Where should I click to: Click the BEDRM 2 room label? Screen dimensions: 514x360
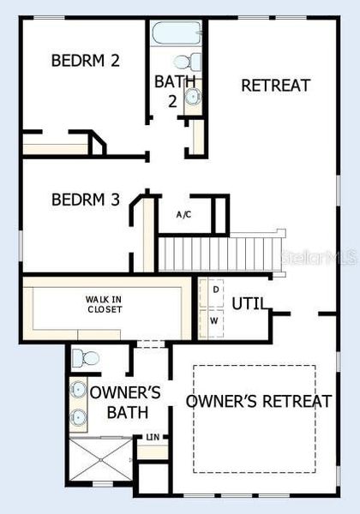click(85, 61)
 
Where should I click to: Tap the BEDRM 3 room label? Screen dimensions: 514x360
click(85, 200)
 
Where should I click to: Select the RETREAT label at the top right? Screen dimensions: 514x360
click(275, 86)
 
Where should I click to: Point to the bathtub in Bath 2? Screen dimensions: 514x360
click(177, 34)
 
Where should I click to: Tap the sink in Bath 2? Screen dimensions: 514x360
click(193, 96)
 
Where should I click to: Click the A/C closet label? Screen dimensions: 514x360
click(183, 214)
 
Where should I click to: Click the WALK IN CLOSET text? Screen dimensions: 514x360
click(103, 304)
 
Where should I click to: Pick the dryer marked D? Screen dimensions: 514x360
click(214, 290)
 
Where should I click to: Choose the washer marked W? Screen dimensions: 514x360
click(214, 321)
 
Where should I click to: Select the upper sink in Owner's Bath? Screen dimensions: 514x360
click(79, 388)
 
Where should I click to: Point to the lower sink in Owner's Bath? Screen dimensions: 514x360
click(79, 418)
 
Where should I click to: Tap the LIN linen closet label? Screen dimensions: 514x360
click(153, 438)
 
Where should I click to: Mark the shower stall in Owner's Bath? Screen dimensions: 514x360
click(102, 460)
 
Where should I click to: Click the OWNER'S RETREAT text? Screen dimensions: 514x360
click(259, 401)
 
